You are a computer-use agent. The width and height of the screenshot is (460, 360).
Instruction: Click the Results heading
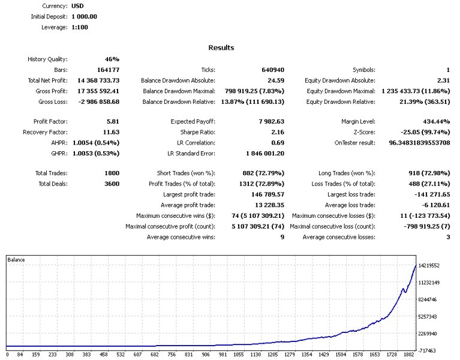221,47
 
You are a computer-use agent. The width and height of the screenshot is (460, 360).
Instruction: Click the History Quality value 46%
112,59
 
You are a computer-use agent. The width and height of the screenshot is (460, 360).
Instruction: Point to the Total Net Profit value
98,80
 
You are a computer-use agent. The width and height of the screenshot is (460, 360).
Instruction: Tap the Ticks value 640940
272,70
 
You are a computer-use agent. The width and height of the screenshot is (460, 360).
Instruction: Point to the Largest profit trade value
265,194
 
